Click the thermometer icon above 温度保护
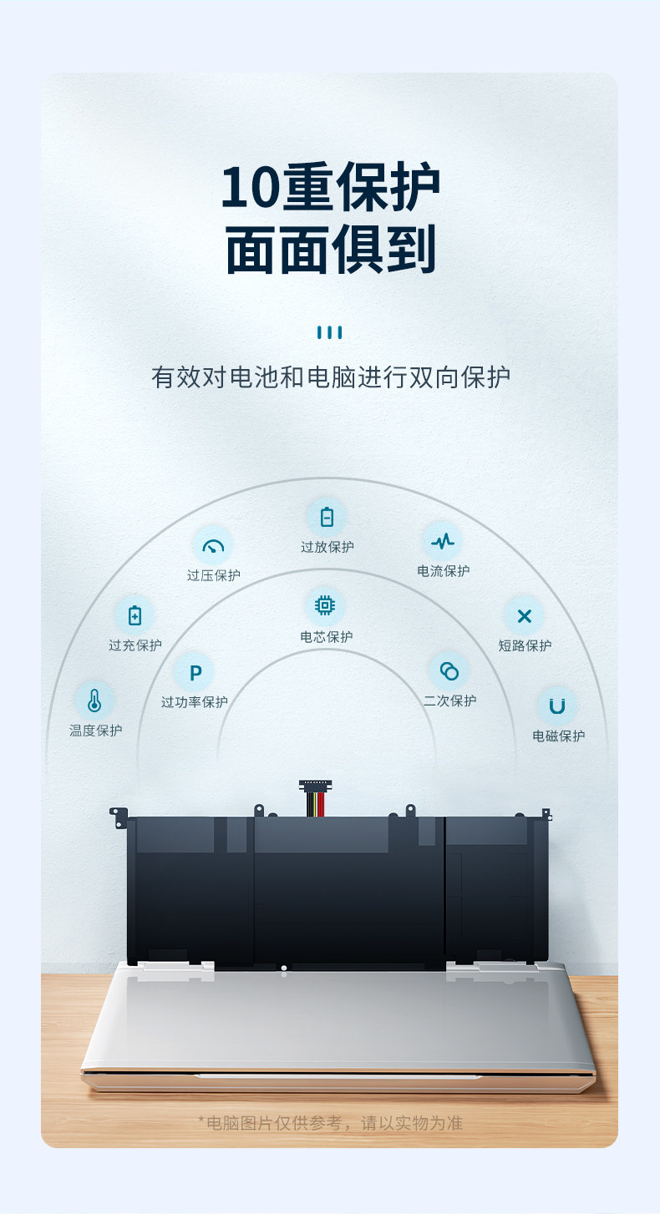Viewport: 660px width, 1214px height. point(94,701)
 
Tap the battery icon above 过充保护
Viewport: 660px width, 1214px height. point(135,616)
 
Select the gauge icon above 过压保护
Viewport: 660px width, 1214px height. point(214,547)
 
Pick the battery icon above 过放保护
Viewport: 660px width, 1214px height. point(327,517)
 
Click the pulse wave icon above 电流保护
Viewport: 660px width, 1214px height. point(443,541)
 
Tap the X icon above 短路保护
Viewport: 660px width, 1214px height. point(524,616)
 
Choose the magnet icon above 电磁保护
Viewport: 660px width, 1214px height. point(557,706)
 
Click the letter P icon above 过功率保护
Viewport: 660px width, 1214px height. point(195,672)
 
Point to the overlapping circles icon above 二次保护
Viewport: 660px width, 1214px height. point(449,670)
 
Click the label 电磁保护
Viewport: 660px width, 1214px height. point(558,736)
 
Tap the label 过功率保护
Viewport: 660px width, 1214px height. point(195,702)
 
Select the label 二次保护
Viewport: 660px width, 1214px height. point(449,701)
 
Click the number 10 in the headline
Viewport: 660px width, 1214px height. point(248,188)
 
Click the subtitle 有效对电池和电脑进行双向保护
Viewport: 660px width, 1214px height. point(330,377)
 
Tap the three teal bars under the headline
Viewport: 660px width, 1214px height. point(330,332)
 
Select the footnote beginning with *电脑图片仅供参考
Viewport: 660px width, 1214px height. point(330,1123)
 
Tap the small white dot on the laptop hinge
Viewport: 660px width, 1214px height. point(284,969)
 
